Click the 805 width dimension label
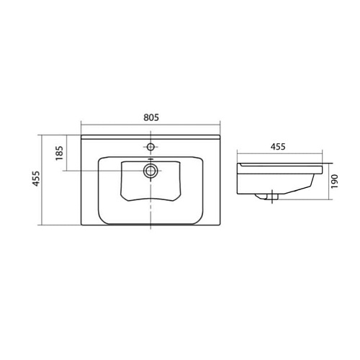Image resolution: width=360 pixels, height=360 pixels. point(151,117)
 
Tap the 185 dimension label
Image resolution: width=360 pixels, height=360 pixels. point(59,153)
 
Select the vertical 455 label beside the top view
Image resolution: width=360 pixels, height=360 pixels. point(36,179)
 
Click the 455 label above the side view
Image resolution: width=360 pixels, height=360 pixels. point(278,147)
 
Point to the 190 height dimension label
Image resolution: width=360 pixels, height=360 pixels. point(334,181)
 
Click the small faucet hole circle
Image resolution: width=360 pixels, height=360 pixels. point(150,146)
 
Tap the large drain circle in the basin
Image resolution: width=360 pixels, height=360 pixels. point(150,171)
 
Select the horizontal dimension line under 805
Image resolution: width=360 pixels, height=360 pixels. point(150,125)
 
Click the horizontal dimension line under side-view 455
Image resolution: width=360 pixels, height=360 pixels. point(279,153)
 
